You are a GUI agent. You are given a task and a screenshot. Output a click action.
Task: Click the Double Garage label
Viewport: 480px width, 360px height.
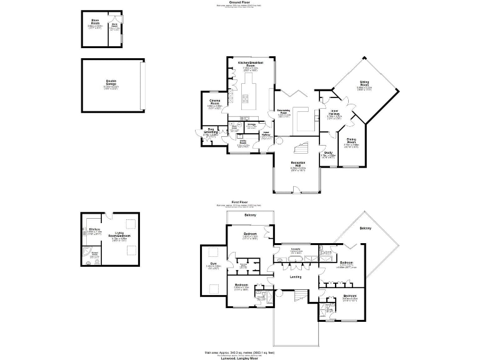tap(111, 82)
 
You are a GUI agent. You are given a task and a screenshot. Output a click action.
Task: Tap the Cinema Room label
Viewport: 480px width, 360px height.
tap(214, 101)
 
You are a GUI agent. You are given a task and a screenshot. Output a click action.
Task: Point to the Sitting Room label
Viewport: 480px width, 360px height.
tap(364, 82)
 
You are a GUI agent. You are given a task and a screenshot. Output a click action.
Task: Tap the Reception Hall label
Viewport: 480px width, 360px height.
tap(297, 165)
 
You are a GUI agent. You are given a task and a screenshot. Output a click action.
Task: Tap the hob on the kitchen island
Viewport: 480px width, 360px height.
tap(246, 98)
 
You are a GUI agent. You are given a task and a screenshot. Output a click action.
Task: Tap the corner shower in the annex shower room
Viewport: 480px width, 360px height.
tap(87, 251)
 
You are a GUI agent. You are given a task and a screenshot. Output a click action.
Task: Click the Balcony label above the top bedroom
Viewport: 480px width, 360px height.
tap(251, 216)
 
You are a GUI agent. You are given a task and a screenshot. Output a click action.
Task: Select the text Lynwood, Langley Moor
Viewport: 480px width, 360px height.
tap(239, 357)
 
